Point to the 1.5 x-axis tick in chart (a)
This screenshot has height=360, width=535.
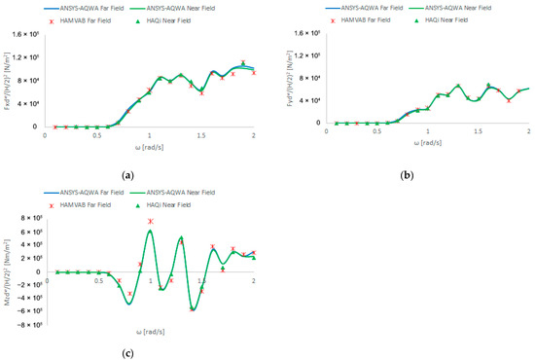(x=201, y=133)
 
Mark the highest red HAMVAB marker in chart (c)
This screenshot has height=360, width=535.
(x=151, y=222)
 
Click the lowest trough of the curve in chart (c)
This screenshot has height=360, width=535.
(x=193, y=308)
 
